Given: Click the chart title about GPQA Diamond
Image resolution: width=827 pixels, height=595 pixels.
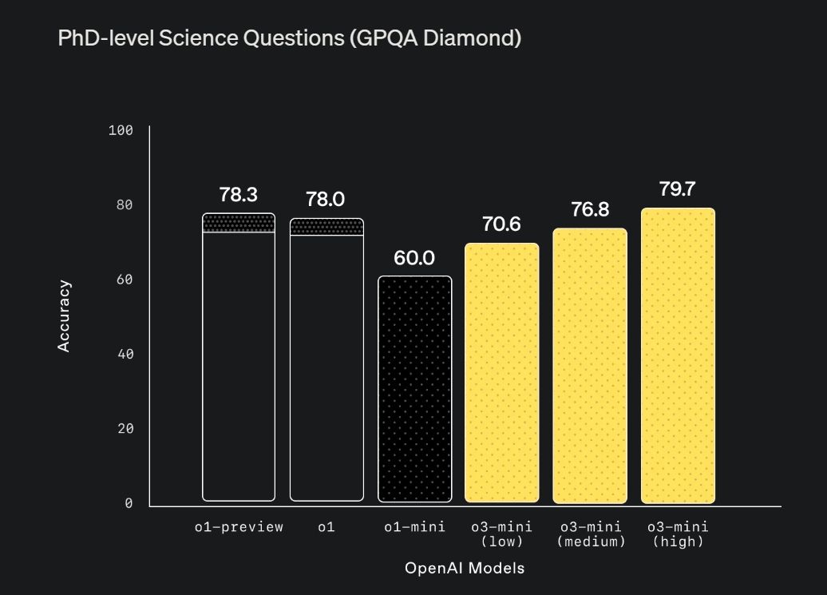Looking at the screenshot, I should click(x=289, y=38).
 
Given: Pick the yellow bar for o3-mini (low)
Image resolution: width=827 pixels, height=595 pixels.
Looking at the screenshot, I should click(x=502, y=373).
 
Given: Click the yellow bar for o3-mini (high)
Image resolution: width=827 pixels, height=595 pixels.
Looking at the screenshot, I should click(x=678, y=356).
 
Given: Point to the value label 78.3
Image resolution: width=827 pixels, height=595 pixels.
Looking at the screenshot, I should click(x=239, y=195).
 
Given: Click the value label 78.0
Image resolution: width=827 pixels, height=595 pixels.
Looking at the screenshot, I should click(x=326, y=200).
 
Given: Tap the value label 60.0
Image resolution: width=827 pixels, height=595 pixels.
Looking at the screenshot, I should click(x=414, y=258).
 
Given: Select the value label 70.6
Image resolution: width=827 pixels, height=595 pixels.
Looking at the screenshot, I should click(x=501, y=224).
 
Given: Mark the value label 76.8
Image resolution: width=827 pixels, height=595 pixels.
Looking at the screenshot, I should click(x=590, y=209).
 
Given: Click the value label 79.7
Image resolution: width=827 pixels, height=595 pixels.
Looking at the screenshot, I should click(x=677, y=189).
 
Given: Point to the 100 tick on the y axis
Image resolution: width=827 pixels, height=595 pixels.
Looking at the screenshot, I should click(x=121, y=130).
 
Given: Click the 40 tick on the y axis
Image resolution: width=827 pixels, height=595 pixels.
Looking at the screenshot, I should click(x=124, y=354).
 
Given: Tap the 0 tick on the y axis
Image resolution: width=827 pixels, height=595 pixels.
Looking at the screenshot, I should click(x=129, y=503).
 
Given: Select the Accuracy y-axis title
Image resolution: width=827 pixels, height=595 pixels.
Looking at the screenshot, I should click(x=64, y=316).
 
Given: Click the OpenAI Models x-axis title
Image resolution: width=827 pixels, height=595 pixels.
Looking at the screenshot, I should click(x=465, y=568).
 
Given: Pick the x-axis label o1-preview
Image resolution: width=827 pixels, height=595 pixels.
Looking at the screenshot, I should click(x=239, y=527).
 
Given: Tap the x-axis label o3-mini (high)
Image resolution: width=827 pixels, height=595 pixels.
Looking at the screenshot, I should click(x=678, y=534).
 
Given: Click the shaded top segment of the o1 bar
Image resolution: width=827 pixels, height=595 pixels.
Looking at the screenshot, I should click(x=326, y=227).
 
